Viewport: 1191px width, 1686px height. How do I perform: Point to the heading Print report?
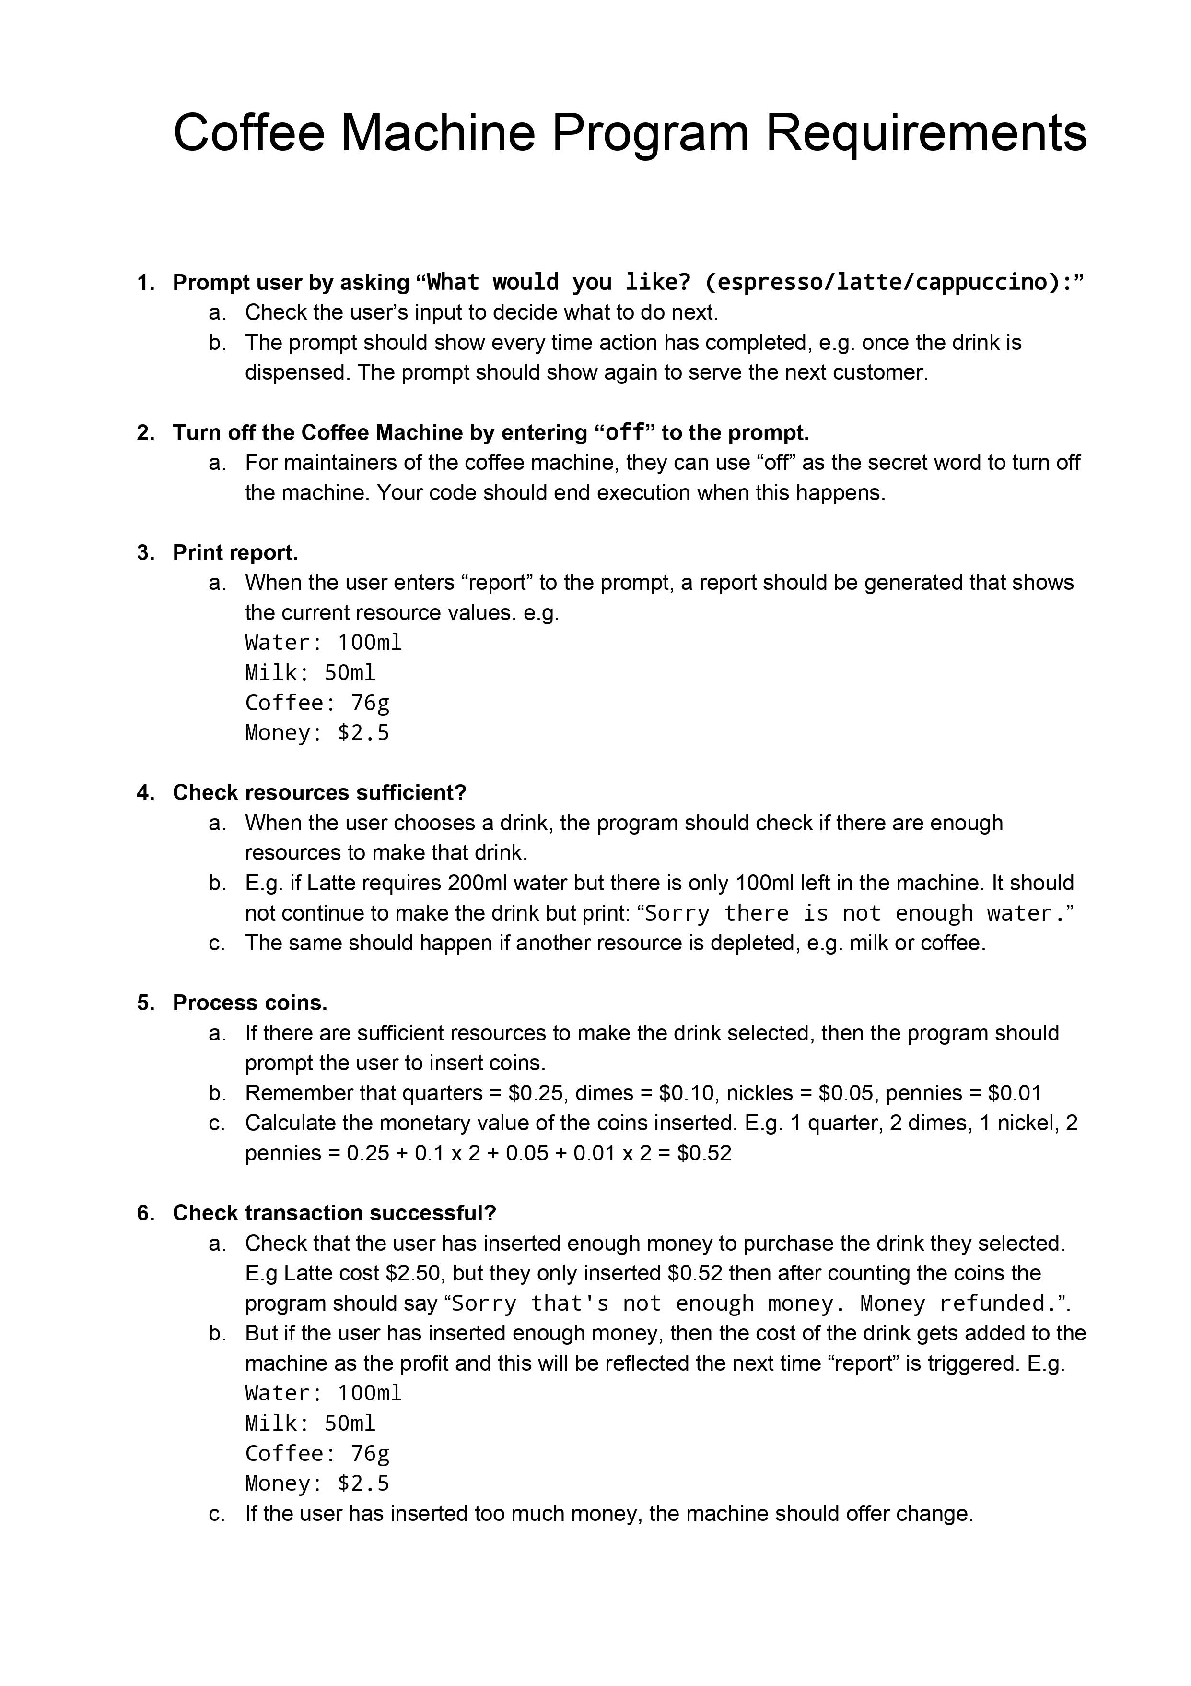(235, 552)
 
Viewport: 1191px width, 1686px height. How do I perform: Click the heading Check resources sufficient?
(319, 792)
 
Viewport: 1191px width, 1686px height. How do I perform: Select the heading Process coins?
(249, 1003)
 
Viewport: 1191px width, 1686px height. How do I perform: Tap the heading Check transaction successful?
(334, 1212)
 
